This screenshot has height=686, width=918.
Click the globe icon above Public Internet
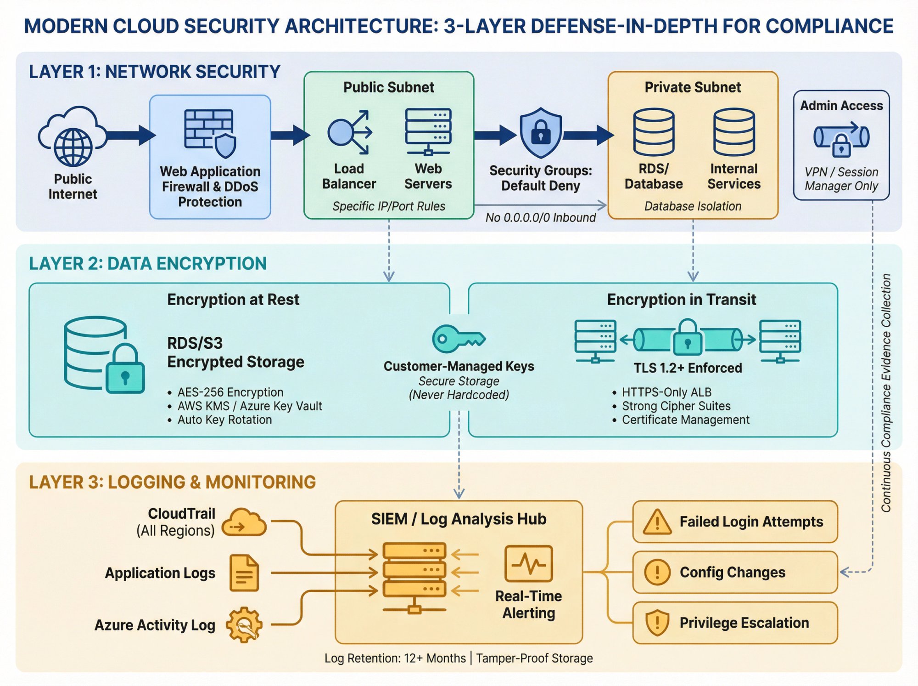(x=73, y=147)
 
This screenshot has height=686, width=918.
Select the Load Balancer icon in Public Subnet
(x=349, y=132)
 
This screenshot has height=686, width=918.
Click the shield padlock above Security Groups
(x=540, y=133)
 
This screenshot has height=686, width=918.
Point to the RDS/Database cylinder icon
(x=654, y=132)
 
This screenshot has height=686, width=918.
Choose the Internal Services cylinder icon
(x=733, y=132)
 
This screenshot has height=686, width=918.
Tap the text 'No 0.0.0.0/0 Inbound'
(x=540, y=217)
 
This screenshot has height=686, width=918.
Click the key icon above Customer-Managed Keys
(x=458, y=339)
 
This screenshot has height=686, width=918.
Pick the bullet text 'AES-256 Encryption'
(x=230, y=392)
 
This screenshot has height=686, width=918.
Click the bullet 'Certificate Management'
(x=685, y=420)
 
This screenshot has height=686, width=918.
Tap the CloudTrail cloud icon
(x=244, y=523)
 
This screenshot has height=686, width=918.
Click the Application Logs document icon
(x=244, y=573)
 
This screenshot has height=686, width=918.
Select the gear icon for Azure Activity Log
(x=244, y=625)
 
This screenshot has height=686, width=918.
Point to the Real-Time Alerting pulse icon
(x=528, y=564)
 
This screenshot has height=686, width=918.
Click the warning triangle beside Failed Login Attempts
(x=657, y=522)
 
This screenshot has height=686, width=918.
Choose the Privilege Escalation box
(x=734, y=623)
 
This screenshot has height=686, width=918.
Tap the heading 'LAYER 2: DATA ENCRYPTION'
(x=147, y=264)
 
